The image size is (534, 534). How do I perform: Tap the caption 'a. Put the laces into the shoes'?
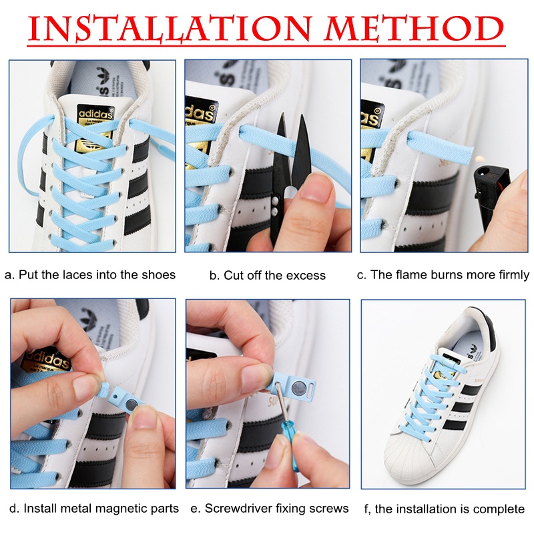click(x=90, y=274)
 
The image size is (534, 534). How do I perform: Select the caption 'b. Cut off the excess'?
click(x=267, y=275)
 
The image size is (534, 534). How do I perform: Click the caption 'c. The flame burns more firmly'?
click(x=443, y=274)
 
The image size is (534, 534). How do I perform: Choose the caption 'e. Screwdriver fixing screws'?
click(x=270, y=508)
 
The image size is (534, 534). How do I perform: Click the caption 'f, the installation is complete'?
click(x=445, y=509)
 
